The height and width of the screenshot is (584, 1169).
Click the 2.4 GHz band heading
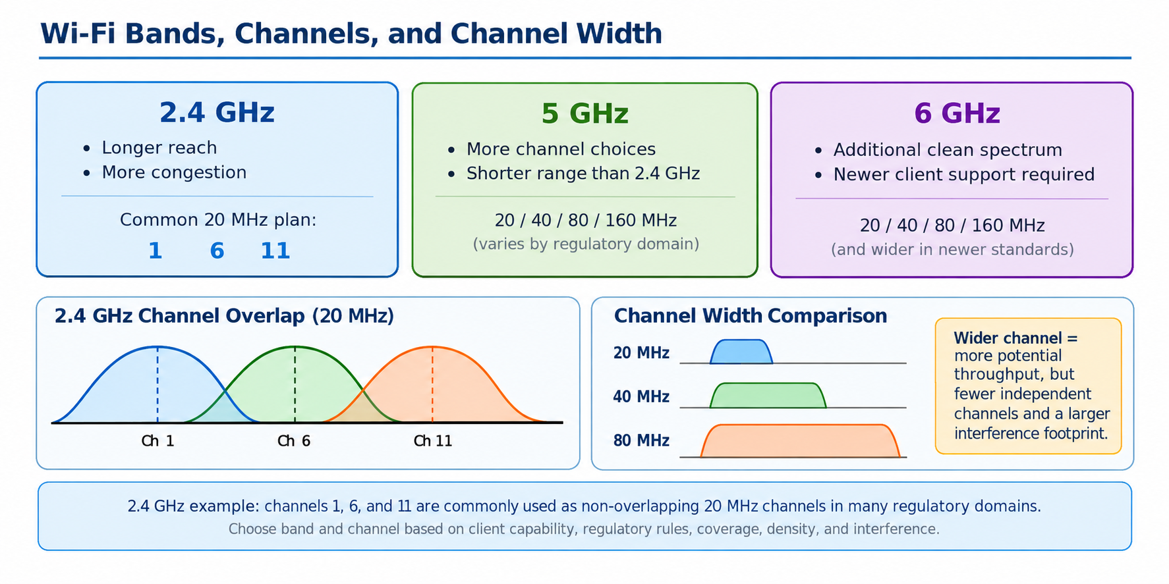[x=217, y=113]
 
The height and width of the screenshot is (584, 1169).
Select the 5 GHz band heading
[x=584, y=114]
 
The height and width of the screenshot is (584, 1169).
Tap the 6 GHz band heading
[x=957, y=114]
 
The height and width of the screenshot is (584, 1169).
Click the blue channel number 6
[x=217, y=251]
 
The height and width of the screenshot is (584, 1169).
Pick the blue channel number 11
[x=275, y=251]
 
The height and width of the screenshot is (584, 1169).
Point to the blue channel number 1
[x=156, y=251]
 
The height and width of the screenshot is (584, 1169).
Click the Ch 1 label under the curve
[x=157, y=441]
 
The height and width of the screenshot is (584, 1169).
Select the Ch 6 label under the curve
[x=294, y=441]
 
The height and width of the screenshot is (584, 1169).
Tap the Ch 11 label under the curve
[x=433, y=441]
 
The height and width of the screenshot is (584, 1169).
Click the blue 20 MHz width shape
[x=741, y=352]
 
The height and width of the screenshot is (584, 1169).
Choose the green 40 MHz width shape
[x=768, y=396]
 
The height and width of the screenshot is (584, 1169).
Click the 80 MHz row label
[x=641, y=440]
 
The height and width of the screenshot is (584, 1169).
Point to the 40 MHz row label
[x=641, y=397]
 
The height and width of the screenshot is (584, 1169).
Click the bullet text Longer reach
[x=159, y=148]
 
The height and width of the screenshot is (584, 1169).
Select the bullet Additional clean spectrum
[x=948, y=150]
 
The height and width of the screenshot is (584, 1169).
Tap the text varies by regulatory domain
[x=586, y=244]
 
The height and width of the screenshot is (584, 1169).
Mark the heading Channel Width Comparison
[x=751, y=316]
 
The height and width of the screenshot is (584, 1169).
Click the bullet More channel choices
[x=561, y=149]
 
